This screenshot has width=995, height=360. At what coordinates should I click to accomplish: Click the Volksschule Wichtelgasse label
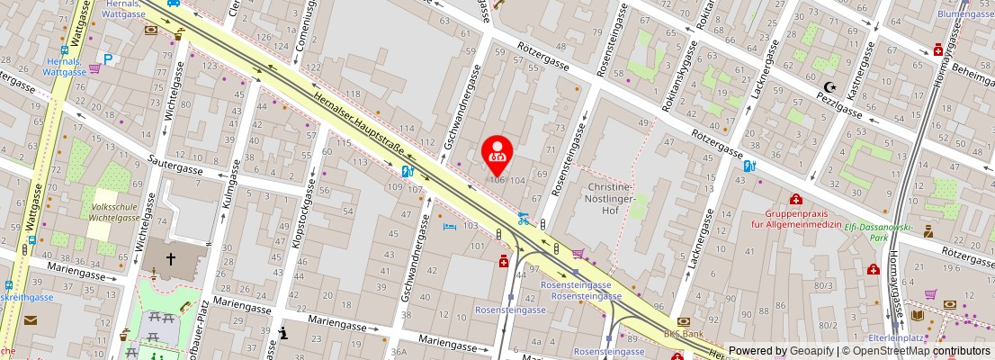(113, 211)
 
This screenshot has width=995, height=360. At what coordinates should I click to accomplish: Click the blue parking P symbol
(108, 59)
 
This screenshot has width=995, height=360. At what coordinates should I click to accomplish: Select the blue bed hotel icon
(450, 227)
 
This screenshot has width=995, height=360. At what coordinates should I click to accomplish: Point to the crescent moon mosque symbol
(830, 86)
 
